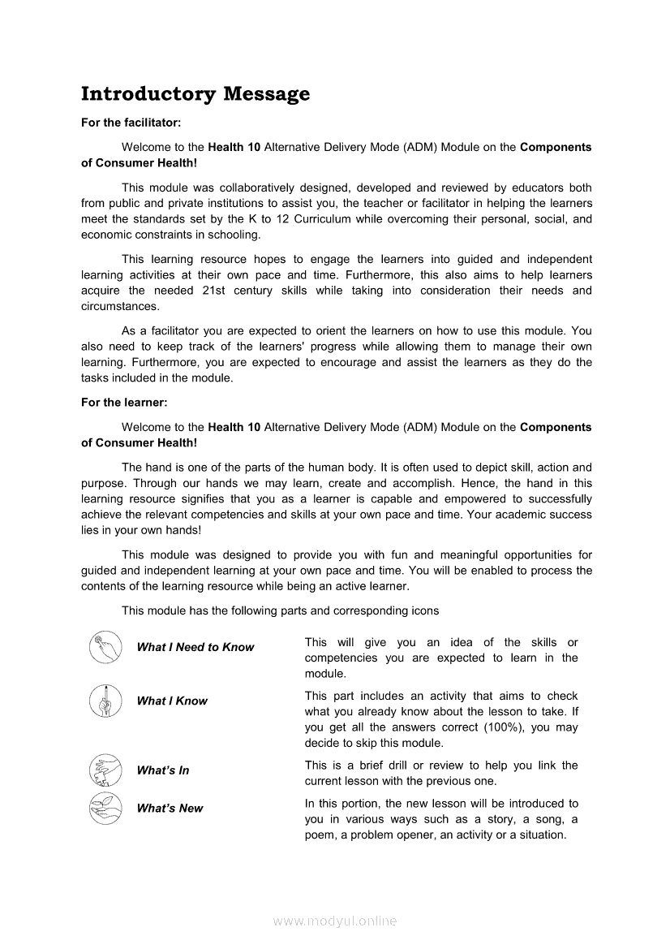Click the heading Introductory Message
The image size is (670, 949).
[195, 94]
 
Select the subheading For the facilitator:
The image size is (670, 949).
[131, 123]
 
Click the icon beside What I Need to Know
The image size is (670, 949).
[105, 647]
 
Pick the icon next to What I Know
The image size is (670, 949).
[105, 701]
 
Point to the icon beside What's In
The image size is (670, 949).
[105, 770]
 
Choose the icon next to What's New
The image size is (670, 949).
[105, 808]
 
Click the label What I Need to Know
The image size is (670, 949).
[195, 647]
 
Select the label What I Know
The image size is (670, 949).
[172, 701]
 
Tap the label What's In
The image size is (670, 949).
[163, 770]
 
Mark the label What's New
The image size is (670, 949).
[170, 809]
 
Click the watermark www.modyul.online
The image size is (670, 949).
[335, 921]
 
